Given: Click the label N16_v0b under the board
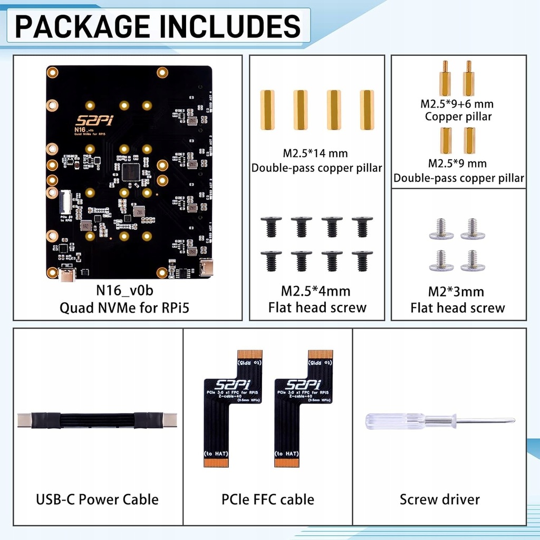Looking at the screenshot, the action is (x=124, y=290).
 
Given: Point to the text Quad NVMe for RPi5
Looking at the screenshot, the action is (x=124, y=307).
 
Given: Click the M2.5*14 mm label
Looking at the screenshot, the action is (x=316, y=153).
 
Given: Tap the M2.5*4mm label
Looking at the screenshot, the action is (x=315, y=291).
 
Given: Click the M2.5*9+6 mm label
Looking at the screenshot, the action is (x=457, y=104).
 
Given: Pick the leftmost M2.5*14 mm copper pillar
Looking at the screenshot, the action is (x=267, y=110).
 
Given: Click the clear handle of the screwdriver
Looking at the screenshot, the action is (x=396, y=420).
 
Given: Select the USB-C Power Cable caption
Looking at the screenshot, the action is (x=97, y=499).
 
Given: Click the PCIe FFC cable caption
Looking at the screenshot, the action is (x=268, y=499).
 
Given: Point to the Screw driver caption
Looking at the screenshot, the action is (x=440, y=499).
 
